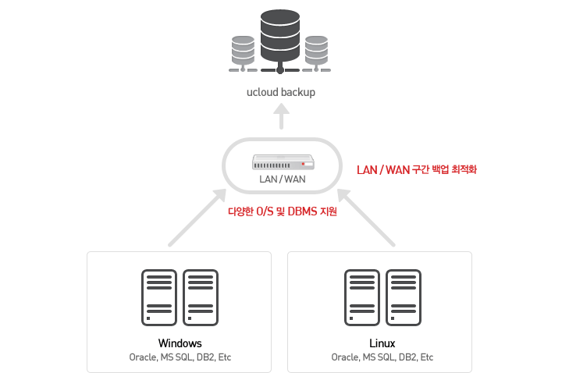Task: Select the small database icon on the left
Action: [244, 50]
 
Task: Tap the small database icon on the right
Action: [315, 50]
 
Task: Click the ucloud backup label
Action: [281, 92]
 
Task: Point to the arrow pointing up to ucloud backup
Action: [281, 118]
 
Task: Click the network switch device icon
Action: [283, 162]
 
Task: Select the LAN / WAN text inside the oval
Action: [283, 179]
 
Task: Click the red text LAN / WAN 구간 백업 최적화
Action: [416, 169]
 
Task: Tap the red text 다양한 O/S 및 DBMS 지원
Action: [283, 211]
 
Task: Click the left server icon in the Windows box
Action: [158, 297]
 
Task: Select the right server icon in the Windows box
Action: [201, 297]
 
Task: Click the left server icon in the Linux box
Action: [361, 297]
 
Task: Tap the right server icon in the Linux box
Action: [404, 297]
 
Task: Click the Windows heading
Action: [180, 343]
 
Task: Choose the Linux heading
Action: [382, 343]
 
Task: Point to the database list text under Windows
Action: [180, 357]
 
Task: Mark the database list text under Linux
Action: [382, 357]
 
